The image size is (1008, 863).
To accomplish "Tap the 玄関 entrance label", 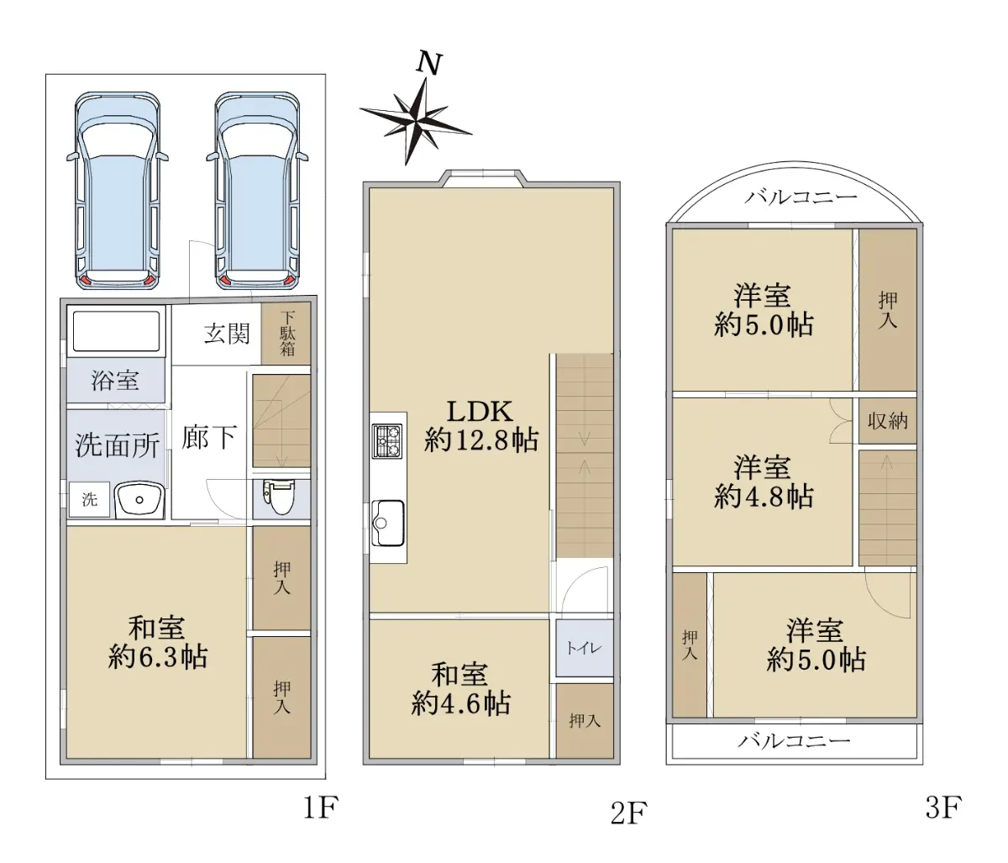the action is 227,334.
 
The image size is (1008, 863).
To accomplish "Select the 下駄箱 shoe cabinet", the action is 286,334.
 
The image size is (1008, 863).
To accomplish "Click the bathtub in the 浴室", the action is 116,331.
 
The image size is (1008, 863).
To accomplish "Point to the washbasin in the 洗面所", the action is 139,499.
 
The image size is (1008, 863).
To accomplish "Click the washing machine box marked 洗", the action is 89,499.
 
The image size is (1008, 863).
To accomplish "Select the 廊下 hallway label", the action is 209,437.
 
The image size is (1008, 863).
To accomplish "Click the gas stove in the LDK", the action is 387,441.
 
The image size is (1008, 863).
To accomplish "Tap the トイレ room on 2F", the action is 585,648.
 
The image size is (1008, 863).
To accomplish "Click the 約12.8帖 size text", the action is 480,440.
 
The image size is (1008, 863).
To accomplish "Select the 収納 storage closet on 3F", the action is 888,421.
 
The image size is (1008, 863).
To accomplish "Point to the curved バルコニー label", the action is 801,197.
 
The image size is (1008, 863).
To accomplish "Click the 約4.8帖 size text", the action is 764,497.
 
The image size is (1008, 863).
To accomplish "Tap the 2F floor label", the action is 628,813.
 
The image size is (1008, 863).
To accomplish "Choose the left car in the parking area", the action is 117,192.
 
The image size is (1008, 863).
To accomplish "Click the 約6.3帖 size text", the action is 158,656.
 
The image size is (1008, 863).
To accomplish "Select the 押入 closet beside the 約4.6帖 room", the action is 585,720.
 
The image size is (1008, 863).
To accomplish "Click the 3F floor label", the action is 943,807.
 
